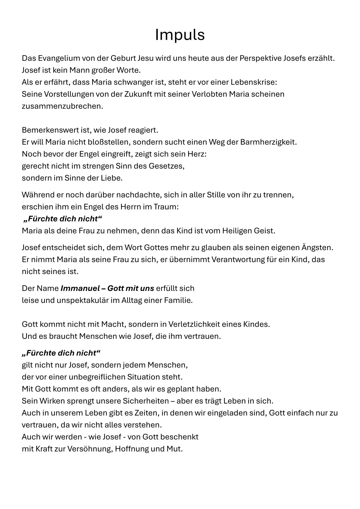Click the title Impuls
click(x=180, y=35)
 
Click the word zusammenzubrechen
click(x=62, y=106)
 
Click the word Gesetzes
click(x=167, y=166)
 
